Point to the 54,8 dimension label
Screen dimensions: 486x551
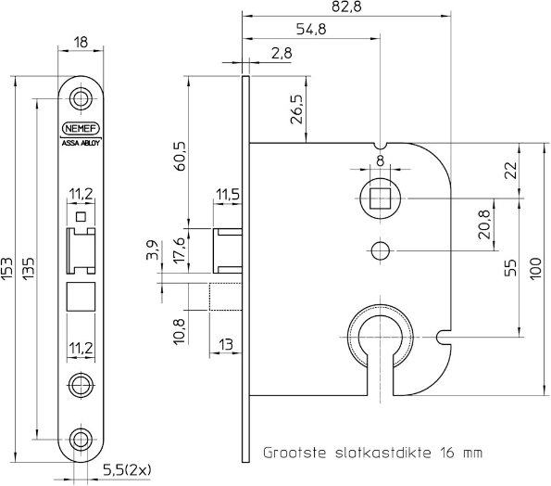pyautogui.click(x=313, y=30)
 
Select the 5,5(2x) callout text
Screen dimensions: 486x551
pyautogui.click(x=130, y=470)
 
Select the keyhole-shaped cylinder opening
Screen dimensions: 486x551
pyautogui.click(x=378, y=341)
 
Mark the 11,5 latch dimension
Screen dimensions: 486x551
pyautogui.click(x=229, y=193)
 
